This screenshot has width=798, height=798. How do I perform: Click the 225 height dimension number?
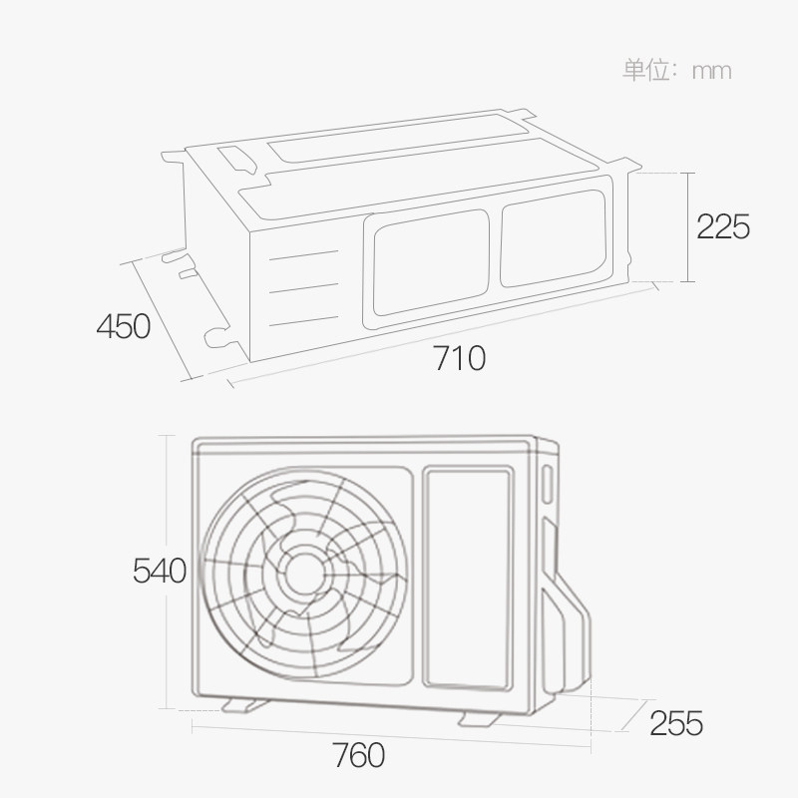[x=722, y=227]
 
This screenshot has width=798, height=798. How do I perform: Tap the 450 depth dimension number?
[x=124, y=325]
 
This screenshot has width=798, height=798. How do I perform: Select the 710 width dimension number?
[x=460, y=356]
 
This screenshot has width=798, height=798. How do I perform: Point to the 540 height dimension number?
[x=160, y=572]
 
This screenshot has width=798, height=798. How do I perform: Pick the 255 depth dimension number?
[x=675, y=722]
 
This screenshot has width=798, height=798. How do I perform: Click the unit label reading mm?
[x=711, y=71]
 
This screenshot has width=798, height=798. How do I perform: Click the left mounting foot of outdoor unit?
[x=244, y=705]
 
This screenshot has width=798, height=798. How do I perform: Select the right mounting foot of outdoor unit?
[x=480, y=718]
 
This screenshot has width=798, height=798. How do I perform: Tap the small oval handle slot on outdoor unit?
[x=547, y=484]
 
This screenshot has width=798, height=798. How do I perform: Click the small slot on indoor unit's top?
[x=237, y=159]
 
